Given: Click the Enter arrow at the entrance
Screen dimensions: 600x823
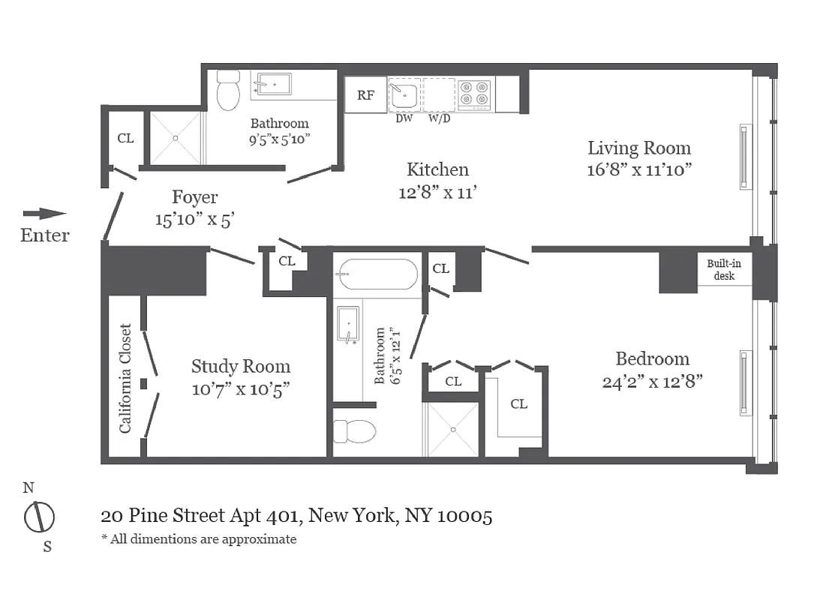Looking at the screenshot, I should tap(44, 214).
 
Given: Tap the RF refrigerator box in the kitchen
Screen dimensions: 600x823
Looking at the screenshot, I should tap(365, 95).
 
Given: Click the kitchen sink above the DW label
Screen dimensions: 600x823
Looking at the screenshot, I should tap(404, 94).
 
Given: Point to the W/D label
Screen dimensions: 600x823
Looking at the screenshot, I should tap(440, 118).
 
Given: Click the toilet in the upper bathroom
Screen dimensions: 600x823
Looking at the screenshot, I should tap(227, 91).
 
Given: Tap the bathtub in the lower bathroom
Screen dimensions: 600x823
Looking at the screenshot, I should tap(377, 274).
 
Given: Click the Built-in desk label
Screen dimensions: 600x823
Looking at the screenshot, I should tap(720, 270).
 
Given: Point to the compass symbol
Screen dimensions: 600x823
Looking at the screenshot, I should tap(39, 517).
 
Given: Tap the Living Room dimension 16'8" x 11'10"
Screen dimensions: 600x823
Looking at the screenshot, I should tap(638, 169).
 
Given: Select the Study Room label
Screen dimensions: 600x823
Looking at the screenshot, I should tap(240, 367).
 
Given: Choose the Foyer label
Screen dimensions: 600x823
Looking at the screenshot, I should tap(194, 197).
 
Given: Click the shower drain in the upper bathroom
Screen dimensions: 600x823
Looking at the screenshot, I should tap(176, 137).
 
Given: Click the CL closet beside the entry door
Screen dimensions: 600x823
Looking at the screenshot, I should tap(125, 138).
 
